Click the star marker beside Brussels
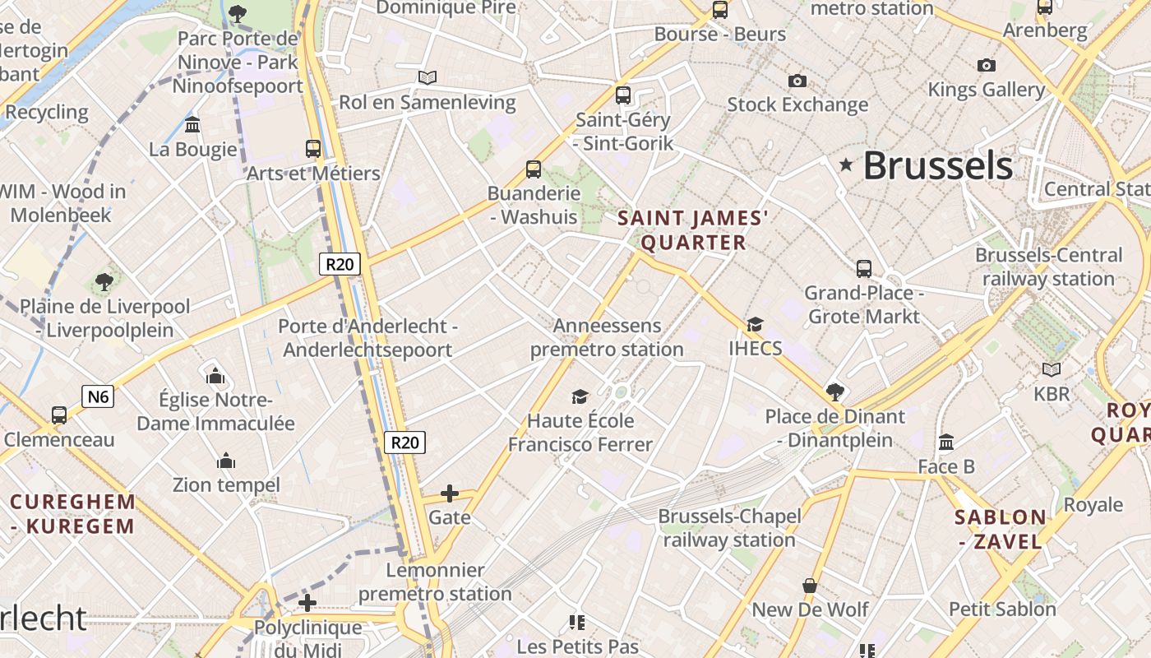click(x=846, y=165)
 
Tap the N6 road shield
click(x=98, y=397)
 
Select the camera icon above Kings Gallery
click(x=986, y=65)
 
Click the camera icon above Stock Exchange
click(x=797, y=81)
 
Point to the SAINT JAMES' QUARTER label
click(x=693, y=230)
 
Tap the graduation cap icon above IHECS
click(x=755, y=325)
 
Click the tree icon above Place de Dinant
click(x=835, y=392)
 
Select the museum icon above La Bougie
click(x=193, y=125)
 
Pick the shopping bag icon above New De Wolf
click(x=810, y=586)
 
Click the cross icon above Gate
click(x=449, y=493)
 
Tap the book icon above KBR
click(x=1051, y=370)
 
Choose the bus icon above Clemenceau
click(x=59, y=415)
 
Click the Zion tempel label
click(x=226, y=485)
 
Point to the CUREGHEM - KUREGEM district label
click(x=72, y=514)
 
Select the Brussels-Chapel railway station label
click(x=729, y=528)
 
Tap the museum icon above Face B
click(x=946, y=443)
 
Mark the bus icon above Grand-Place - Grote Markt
click(x=864, y=269)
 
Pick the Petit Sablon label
click(x=1002, y=609)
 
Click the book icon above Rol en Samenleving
click(x=427, y=78)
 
